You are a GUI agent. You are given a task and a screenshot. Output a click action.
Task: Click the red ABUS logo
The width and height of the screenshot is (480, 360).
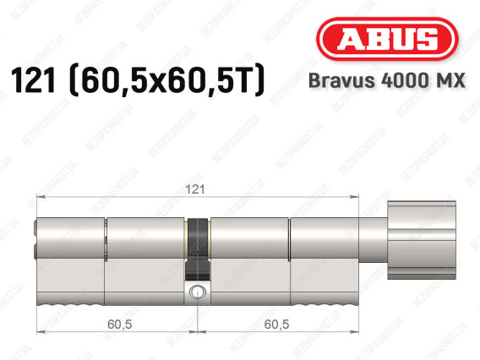click(x=387, y=39)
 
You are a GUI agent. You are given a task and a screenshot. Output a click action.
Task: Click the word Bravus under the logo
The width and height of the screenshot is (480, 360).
click(x=341, y=80)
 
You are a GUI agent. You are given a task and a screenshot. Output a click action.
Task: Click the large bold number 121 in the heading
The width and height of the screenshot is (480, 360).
click(x=33, y=80)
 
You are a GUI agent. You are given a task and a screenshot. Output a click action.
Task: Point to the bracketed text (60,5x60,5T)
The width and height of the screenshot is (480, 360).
click(x=166, y=80)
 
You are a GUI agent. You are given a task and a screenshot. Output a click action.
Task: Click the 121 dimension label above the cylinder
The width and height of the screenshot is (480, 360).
click(x=195, y=189)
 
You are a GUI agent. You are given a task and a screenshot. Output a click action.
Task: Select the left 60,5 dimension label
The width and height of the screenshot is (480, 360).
click(x=120, y=325)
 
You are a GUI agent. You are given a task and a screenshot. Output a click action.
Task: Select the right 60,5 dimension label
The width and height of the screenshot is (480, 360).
click(x=276, y=325)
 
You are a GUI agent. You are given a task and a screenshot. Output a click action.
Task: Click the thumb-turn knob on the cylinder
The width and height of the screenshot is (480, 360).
click(x=422, y=240)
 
